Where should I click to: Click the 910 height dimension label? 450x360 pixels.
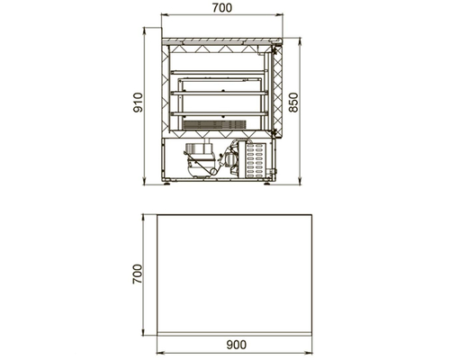point(138,103)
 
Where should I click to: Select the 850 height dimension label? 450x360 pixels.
point(293,103)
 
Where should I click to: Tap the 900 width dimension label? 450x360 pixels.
point(237,345)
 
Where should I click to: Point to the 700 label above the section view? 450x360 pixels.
point(222,8)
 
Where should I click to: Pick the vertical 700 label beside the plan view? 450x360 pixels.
point(138,274)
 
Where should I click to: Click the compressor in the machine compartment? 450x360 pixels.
point(200,160)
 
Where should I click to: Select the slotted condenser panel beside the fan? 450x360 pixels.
point(255,159)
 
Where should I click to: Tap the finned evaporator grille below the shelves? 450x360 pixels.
point(214,125)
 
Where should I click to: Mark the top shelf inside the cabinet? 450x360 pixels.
point(219,72)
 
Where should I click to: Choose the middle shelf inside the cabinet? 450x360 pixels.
point(219,94)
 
